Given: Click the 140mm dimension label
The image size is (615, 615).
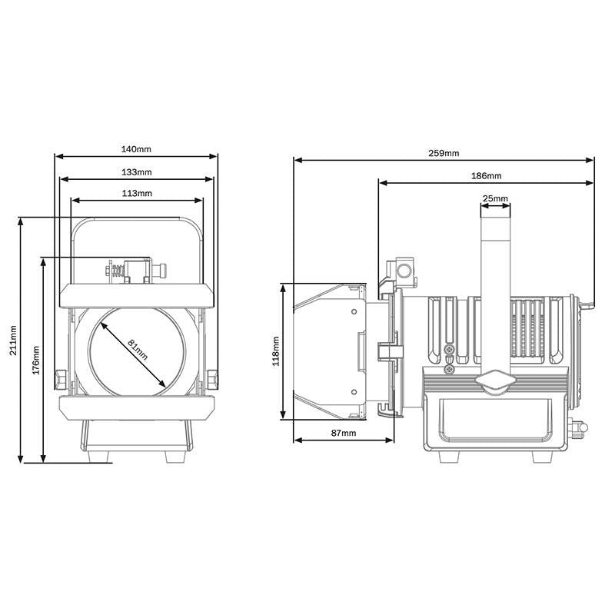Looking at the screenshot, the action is [136, 149].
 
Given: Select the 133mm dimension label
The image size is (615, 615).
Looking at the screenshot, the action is [137, 171].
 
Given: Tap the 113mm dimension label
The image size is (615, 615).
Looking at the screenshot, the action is [137, 193].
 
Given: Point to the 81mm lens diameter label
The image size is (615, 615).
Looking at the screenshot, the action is [138, 350].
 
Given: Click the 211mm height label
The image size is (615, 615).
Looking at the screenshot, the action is [13, 341].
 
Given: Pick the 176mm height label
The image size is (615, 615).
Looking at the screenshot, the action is [36, 360].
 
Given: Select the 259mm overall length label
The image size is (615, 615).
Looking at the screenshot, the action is [444, 153].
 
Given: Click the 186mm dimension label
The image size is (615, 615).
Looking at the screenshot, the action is [487, 176].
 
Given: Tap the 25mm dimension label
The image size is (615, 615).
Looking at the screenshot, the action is [495, 198].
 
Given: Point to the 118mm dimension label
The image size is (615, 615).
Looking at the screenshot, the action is [276, 351].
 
